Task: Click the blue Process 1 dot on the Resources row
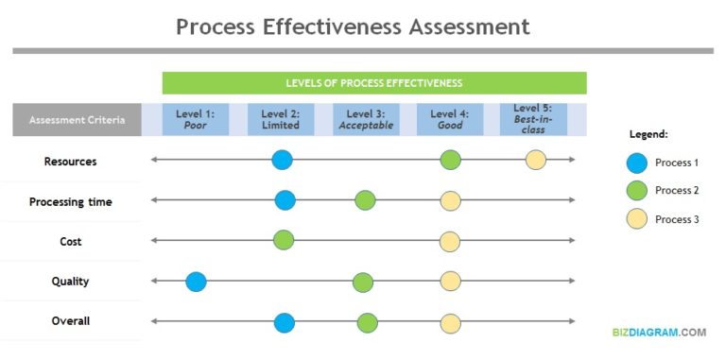[x=282, y=160]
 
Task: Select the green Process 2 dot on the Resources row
[x=450, y=160]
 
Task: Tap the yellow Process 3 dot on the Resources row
[x=536, y=160]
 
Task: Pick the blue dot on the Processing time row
[x=285, y=200]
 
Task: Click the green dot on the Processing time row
[x=365, y=200]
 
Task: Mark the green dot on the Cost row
[x=284, y=240]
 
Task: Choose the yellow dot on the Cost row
[x=450, y=241]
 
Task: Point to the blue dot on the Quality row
[x=196, y=281]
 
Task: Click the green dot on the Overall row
[x=367, y=322]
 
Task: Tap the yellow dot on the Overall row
[x=450, y=322]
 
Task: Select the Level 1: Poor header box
[x=195, y=119]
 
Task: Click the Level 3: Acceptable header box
[x=366, y=119]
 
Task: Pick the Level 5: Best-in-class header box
[x=533, y=119]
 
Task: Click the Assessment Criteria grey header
[x=77, y=120]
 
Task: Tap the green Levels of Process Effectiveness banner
[x=374, y=83]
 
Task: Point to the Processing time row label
[x=70, y=201]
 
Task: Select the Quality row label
[x=70, y=282]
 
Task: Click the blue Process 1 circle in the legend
[x=637, y=163]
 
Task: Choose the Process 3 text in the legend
[x=677, y=218]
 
